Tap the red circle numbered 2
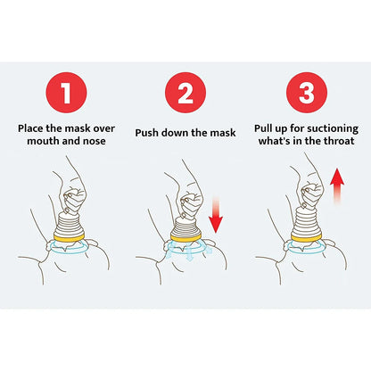click(185, 91)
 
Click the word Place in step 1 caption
click(34, 127)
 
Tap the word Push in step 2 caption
click(148, 133)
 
